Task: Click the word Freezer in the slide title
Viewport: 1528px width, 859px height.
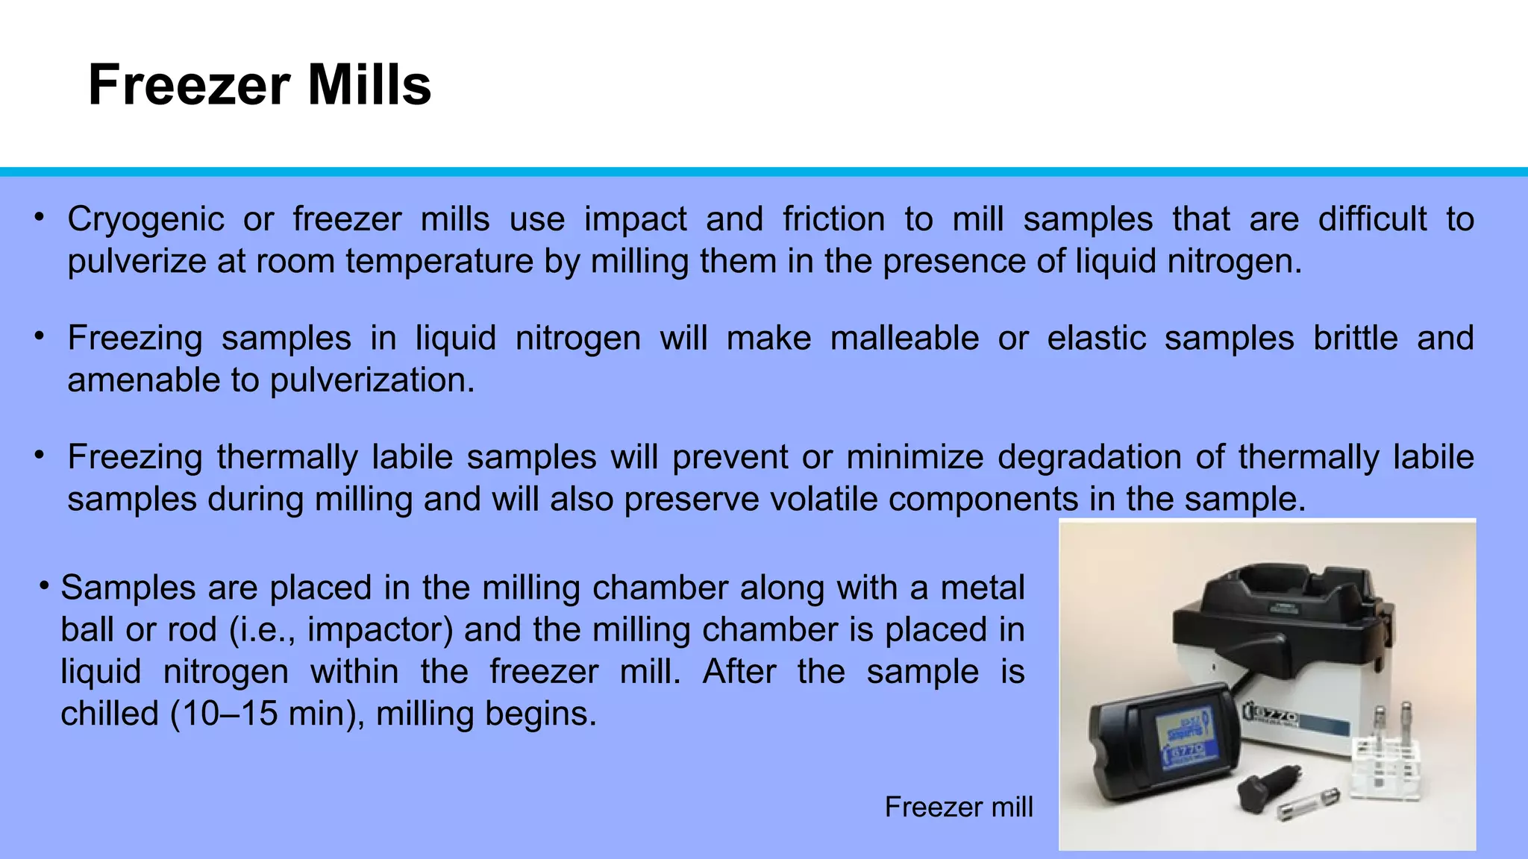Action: pyautogui.click(x=189, y=85)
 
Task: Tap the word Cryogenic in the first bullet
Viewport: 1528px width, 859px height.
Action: pyautogui.click(x=145, y=220)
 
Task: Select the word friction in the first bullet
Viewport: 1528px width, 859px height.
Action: pyautogui.click(x=833, y=220)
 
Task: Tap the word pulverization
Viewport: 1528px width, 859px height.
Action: pyautogui.click(x=372, y=381)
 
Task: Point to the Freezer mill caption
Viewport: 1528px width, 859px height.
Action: pyautogui.click(x=958, y=807)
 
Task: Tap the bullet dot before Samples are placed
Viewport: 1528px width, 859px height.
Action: pyautogui.click(x=46, y=586)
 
